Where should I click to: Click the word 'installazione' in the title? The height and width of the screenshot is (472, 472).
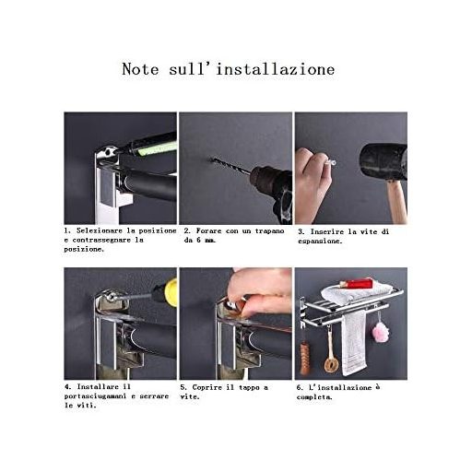tap(276, 69)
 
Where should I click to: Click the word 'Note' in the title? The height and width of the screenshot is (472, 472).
tap(140, 69)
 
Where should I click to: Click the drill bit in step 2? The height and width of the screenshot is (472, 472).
tap(230, 166)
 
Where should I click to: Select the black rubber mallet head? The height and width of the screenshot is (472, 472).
tap(383, 161)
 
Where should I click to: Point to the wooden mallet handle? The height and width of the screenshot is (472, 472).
tap(396, 201)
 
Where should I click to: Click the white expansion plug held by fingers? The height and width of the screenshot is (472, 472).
tap(330, 162)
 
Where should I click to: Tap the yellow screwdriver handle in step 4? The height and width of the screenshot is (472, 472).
tap(171, 292)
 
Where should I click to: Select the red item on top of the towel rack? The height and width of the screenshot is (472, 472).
tap(356, 283)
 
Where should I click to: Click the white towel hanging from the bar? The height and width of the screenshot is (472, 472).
tap(354, 343)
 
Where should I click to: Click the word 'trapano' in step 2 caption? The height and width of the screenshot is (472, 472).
tap(269, 230)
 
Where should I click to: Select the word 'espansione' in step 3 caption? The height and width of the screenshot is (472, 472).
tap(320, 242)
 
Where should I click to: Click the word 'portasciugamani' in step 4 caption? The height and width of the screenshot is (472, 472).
tap(95, 396)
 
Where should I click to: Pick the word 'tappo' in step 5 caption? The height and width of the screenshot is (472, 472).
tap(249, 388)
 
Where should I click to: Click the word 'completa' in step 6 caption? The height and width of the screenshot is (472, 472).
tap(314, 397)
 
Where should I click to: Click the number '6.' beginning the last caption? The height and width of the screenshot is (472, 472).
tap(300, 387)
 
